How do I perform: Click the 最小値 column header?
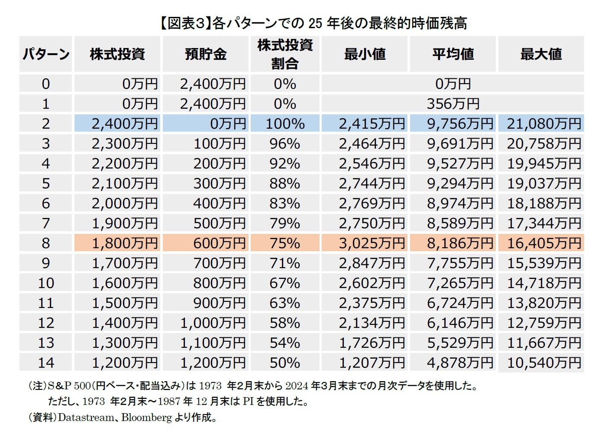tap(365, 54)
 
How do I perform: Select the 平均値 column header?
tap(453, 54)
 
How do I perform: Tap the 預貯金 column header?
tap(206, 54)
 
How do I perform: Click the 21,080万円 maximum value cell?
tap(544, 124)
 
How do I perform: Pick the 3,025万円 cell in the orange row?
tap(371, 243)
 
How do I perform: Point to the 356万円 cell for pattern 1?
tap(453, 104)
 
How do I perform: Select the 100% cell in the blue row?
tap(285, 124)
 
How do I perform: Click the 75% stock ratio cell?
tap(285, 243)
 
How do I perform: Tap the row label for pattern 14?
tap(46, 363)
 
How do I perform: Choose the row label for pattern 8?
tap(46, 243)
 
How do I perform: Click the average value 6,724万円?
tap(460, 303)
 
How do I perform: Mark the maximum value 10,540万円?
tap(544, 363)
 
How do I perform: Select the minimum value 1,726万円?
tap(371, 343)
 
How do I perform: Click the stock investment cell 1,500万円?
tap(125, 303)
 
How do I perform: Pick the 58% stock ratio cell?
tap(285, 323)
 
